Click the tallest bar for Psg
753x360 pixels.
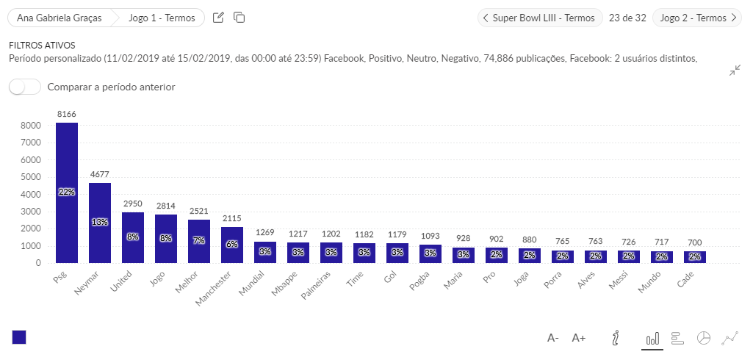click(67, 192)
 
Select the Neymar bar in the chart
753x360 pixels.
click(100, 223)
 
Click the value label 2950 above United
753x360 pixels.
click(133, 203)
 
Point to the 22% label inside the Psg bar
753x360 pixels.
click(67, 192)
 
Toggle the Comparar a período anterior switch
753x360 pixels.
click(25, 87)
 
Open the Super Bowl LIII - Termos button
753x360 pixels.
click(540, 18)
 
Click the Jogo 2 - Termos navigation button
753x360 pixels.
click(697, 18)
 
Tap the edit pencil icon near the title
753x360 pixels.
click(218, 18)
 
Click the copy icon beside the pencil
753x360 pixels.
click(239, 18)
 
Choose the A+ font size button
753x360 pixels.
click(579, 338)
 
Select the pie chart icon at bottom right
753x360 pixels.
click(704, 338)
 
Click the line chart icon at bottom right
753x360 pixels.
click(729, 338)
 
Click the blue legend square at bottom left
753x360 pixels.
click(19, 337)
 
